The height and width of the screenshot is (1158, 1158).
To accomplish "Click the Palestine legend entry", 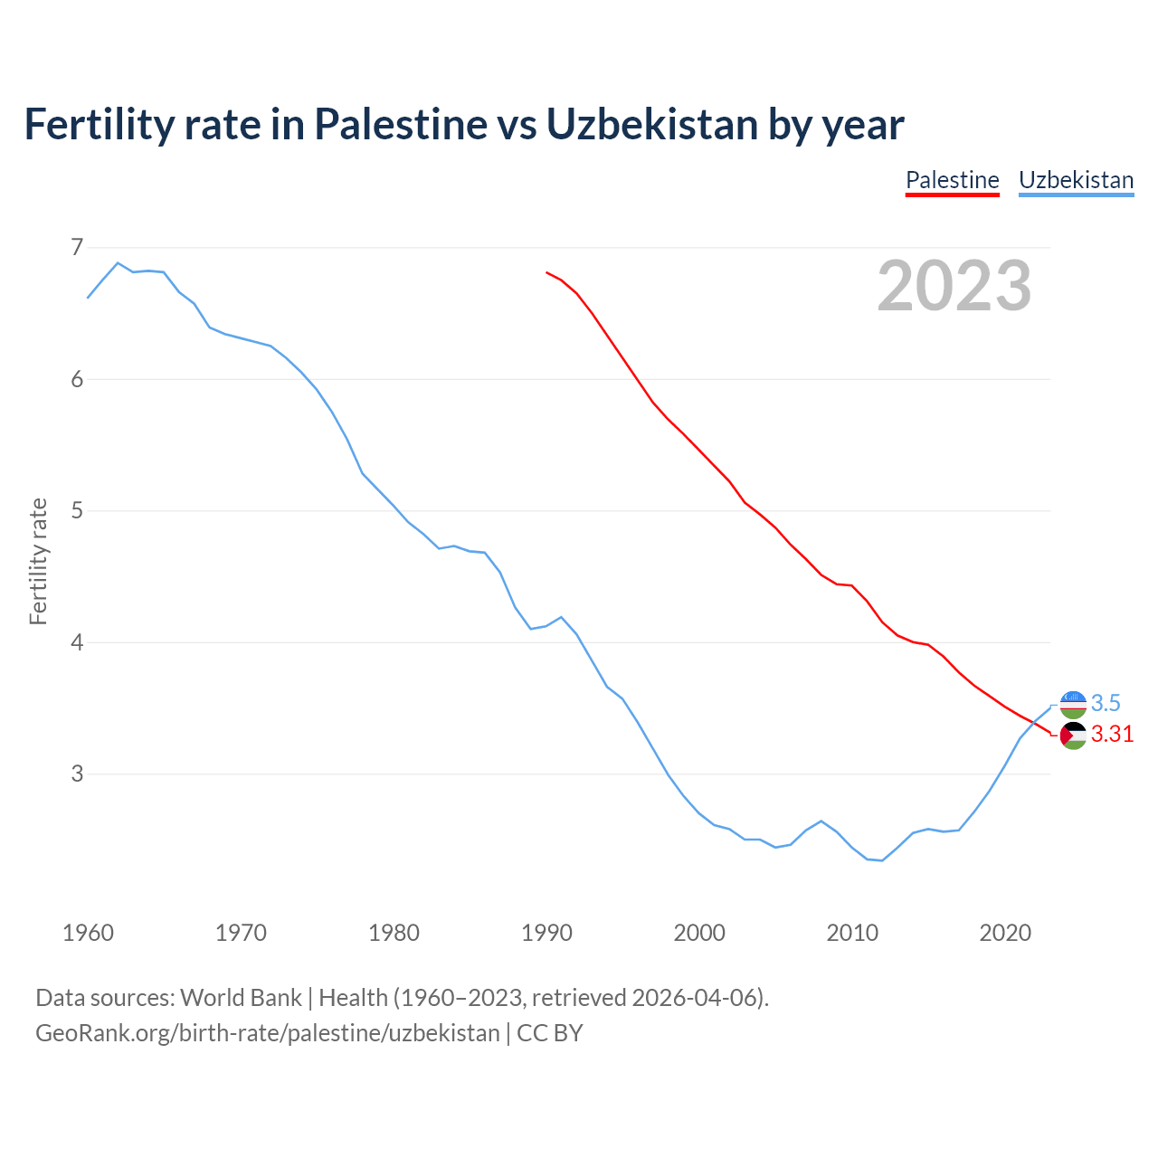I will [x=952, y=180].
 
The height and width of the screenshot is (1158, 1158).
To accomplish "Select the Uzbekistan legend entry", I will [x=1076, y=180].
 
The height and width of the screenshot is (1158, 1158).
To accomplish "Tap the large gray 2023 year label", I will [x=954, y=286].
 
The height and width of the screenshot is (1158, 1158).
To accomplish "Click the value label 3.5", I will [x=1106, y=703].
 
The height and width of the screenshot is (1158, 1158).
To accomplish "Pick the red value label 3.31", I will [x=1112, y=735].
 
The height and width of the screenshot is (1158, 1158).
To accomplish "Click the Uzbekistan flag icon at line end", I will [x=1073, y=704].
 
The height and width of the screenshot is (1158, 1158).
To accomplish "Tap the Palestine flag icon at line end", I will [x=1073, y=736].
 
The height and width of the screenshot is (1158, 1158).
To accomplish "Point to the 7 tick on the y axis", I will [x=76, y=247].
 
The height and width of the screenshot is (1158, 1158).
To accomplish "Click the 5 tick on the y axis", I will [x=76, y=510].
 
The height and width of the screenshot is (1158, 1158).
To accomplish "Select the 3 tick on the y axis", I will [x=76, y=774].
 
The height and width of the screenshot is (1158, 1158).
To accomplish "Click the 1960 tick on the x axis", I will [x=88, y=933].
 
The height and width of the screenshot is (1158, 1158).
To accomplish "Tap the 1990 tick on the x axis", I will [x=546, y=933].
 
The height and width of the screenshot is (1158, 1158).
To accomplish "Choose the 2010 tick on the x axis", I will [x=852, y=933].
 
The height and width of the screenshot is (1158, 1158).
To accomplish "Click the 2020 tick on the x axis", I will [x=1005, y=933].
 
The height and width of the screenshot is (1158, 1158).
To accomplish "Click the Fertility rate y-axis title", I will [x=38, y=561].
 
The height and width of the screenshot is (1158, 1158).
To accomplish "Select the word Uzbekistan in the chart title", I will [x=652, y=124].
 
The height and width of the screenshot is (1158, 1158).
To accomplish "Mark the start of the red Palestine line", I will [x=546, y=271].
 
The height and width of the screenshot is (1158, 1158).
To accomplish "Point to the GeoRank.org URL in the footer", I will [x=267, y=1033].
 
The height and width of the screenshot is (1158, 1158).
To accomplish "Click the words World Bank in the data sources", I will [x=241, y=998].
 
